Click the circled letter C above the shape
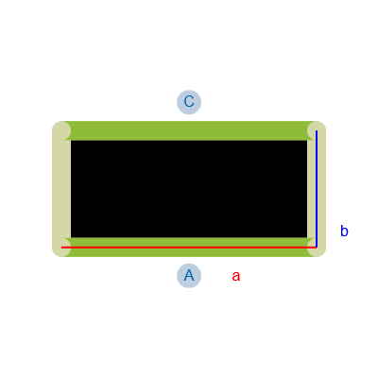(x=189, y=102)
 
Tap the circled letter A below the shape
(x=189, y=276)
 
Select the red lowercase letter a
(x=236, y=277)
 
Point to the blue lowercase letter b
(x=344, y=231)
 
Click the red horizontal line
(x=189, y=248)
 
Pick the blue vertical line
(x=317, y=189)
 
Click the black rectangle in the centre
(x=189, y=189)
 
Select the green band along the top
(x=189, y=130)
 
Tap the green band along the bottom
(x=189, y=248)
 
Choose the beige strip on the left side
(x=61, y=189)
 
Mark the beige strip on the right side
(x=317, y=189)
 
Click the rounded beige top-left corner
(x=61, y=130)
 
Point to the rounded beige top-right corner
(x=317, y=130)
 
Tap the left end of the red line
(x=61, y=248)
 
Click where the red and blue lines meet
(x=317, y=248)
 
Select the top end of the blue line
(x=317, y=130)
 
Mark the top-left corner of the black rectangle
(x=71, y=141)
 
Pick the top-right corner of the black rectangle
(x=307, y=141)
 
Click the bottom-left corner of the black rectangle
(x=71, y=237)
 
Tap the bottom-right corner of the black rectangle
(x=307, y=237)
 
